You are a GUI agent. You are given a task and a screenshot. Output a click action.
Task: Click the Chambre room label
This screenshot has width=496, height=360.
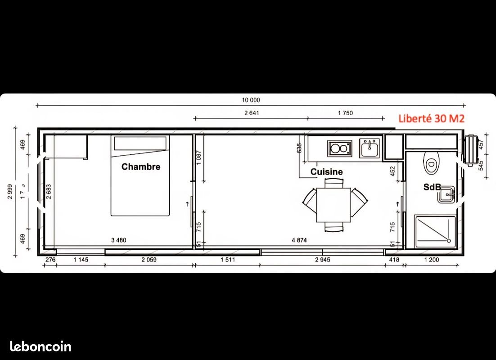[x=140, y=167]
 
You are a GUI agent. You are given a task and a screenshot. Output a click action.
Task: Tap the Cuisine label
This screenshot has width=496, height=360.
[x=326, y=172]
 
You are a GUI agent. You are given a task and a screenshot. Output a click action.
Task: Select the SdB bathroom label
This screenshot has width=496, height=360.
[x=432, y=187]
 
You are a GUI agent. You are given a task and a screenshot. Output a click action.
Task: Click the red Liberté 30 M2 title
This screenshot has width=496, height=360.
[x=431, y=119]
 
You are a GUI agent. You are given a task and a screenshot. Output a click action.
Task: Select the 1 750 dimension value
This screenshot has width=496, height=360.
[x=345, y=113]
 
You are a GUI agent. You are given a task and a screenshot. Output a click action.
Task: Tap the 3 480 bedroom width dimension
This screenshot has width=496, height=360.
[x=119, y=240]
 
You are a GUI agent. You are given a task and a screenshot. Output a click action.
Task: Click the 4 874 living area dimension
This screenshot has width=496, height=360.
[x=299, y=240]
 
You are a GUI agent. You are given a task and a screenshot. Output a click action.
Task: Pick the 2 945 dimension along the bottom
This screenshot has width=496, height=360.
[x=323, y=260]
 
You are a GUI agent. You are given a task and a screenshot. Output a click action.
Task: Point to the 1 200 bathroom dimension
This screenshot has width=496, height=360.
[x=431, y=260]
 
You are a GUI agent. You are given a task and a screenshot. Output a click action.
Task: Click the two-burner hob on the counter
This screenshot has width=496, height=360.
[x=339, y=148]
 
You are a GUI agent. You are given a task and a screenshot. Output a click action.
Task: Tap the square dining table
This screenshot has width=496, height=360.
[x=334, y=205]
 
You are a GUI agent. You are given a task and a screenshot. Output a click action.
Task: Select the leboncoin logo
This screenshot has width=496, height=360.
[x=41, y=346]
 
